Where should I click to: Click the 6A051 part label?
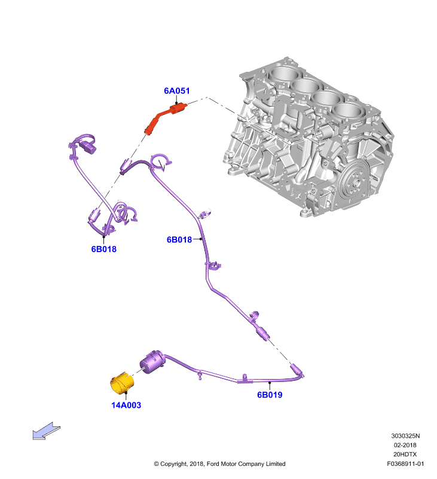[176, 91]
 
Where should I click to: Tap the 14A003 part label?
[126, 405]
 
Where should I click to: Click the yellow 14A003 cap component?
[122, 383]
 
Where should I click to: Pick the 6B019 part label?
[270, 395]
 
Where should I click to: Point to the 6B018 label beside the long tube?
[179, 239]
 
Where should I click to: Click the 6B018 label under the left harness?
[104, 249]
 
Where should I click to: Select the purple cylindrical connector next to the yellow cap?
[152, 362]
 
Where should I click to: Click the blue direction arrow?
[47, 431]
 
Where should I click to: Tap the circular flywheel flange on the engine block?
[354, 183]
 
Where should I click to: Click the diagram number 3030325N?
[405, 436]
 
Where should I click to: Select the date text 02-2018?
[405, 445]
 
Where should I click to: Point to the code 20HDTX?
[405, 454]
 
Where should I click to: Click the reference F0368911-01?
[405, 463]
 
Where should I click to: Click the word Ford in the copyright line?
[213, 463]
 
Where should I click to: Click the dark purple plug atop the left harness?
[90, 148]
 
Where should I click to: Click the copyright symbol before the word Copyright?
[156, 464]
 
